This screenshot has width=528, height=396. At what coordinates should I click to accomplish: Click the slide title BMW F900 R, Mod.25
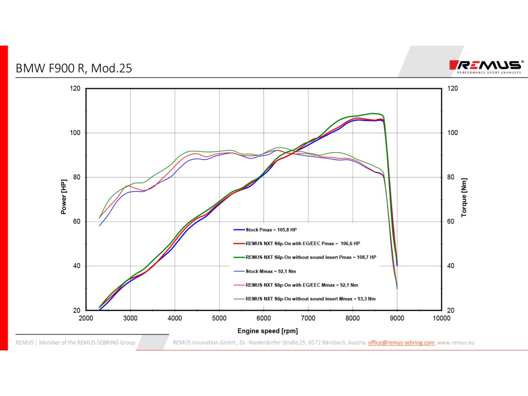tap(74, 69)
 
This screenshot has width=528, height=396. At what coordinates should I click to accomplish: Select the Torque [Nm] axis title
tap(464, 198)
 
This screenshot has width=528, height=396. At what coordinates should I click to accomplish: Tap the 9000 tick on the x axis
tap(397, 318)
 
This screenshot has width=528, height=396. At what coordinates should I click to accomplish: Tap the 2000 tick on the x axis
tap(86, 318)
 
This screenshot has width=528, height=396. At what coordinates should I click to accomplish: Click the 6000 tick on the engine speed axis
tap(264, 318)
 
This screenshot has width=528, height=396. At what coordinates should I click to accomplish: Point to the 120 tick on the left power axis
tap(75, 88)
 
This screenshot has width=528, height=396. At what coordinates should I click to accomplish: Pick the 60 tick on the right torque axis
tap(452, 221)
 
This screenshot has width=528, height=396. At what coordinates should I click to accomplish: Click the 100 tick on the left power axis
tap(75, 133)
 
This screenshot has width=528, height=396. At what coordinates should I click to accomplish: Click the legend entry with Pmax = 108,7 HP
tap(311, 257)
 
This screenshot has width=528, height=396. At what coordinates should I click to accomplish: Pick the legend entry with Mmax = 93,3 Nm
tap(310, 299)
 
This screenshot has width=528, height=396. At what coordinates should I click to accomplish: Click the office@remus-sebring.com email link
tap(401, 342)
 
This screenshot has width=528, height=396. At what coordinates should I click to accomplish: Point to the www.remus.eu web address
tap(455, 342)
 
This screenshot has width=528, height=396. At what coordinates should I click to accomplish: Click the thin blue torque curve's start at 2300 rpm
tap(100, 226)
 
